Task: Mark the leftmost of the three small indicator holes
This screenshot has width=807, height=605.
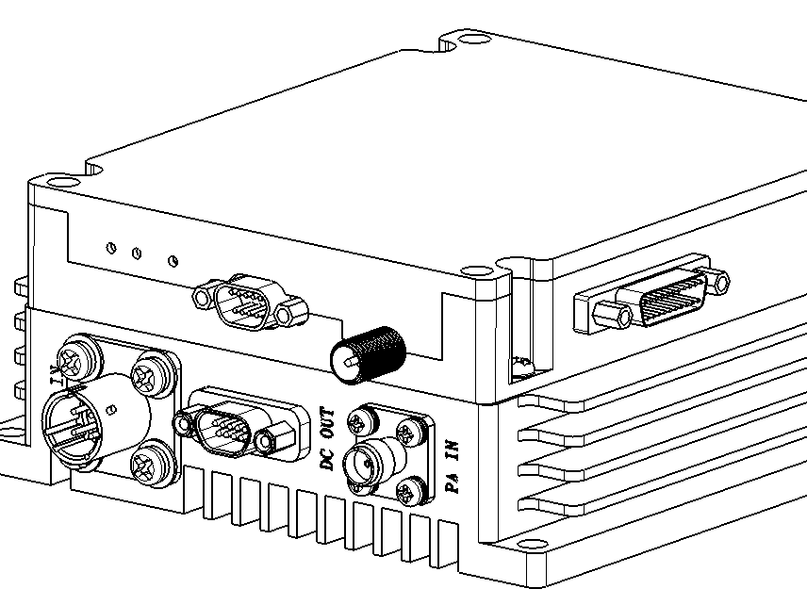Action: [x=111, y=248]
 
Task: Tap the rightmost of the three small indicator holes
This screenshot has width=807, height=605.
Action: [x=172, y=259]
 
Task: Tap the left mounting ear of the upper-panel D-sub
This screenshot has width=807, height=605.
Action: [x=204, y=298]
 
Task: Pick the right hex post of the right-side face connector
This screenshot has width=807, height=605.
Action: [x=719, y=280]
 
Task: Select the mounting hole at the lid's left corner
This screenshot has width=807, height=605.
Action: [x=59, y=182]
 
